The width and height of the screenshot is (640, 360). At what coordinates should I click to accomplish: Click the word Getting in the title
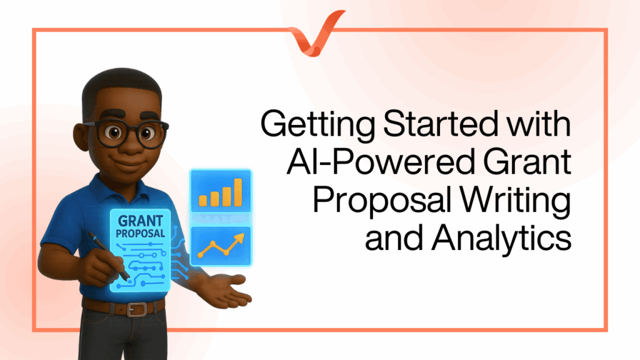click(x=317, y=124)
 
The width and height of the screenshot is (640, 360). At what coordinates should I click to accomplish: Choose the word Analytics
click(x=501, y=239)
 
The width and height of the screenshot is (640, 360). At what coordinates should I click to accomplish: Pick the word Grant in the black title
click(x=527, y=162)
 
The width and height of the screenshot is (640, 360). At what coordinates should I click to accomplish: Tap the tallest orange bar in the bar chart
click(x=238, y=192)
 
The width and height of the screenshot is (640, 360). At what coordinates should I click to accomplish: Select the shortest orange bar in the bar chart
click(x=203, y=201)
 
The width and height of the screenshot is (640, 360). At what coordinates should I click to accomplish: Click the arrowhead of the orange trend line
click(x=239, y=238)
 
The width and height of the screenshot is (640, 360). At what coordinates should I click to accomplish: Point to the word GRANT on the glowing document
click(x=141, y=221)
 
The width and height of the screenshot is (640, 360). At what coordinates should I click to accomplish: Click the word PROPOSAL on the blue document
click(x=141, y=234)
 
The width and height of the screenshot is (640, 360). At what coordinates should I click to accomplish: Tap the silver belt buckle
click(x=136, y=309)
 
